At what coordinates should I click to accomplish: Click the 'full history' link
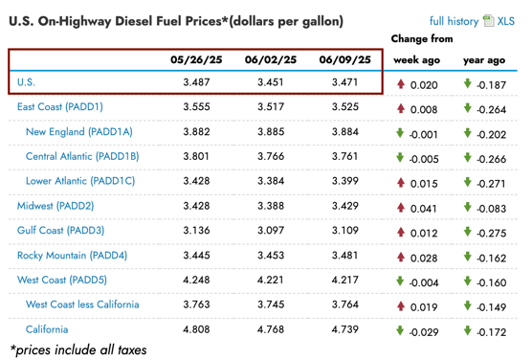click(x=454, y=21)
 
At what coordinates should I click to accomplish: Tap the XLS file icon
click(x=489, y=21)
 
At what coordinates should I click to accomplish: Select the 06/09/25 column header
click(x=344, y=59)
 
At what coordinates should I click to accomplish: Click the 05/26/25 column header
click(x=196, y=59)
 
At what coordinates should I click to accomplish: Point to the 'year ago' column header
click(x=484, y=60)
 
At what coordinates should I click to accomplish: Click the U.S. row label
click(x=26, y=82)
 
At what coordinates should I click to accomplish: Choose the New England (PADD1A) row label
click(x=79, y=132)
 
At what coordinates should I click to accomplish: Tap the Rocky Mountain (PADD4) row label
click(x=73, y=256)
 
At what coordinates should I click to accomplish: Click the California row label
click(x=47, y=329)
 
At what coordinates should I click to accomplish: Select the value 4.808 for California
click(x=196, y=329)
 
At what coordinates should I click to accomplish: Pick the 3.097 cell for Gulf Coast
click(x=271, y=230)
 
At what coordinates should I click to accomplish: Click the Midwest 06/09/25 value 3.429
click(x=344, y=206)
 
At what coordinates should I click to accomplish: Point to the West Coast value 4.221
click(x=271, y=280)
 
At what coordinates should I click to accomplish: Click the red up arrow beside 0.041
click(x=401, y=207)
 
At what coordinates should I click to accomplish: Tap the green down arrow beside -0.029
click(x=400, y=330)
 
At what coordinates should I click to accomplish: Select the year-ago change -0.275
click(x=491, y=234)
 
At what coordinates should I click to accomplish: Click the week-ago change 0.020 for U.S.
click(x=424, y=85)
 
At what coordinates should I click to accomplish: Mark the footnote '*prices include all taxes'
click(x=78, y=350)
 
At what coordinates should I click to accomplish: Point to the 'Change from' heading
click(x=422, y=38)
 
